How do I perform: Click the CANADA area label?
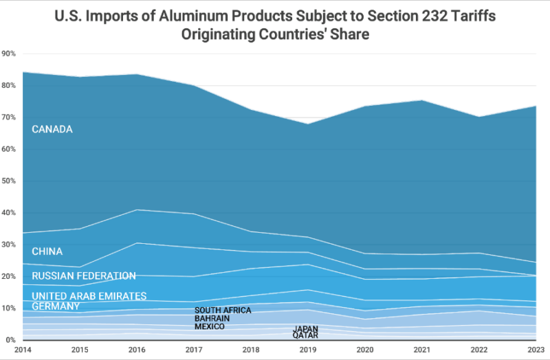pos(52,129)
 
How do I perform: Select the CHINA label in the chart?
pos(47,251)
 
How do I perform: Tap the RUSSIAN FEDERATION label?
pos(84,276)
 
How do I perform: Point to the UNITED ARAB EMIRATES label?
pos(89,296)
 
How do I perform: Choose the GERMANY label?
pos(56,306)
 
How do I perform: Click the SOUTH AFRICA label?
pos(223,311)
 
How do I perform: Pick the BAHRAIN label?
pos(212,319)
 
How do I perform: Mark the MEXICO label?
pos(209,327)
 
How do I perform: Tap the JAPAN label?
pos(305,329)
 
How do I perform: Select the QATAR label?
pos(305,336)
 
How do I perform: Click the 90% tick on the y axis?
pos(9,54)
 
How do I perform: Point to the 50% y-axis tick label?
pos(9,181)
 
